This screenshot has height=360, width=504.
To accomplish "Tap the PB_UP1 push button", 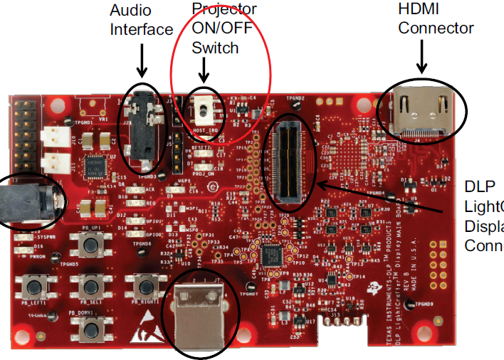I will [x=90, y=246].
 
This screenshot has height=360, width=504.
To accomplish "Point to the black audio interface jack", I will [x=139, y=125].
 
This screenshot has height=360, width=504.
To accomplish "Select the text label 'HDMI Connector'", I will [x=436, y=19].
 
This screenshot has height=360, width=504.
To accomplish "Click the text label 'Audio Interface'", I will [x=141, y=20].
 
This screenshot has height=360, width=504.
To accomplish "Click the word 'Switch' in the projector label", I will [x=215, y=48].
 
